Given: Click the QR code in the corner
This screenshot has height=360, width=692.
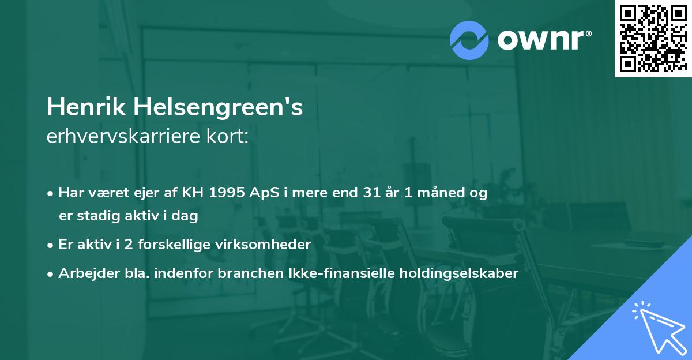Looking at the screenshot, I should pyautogui.click(x=653, y=38).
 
